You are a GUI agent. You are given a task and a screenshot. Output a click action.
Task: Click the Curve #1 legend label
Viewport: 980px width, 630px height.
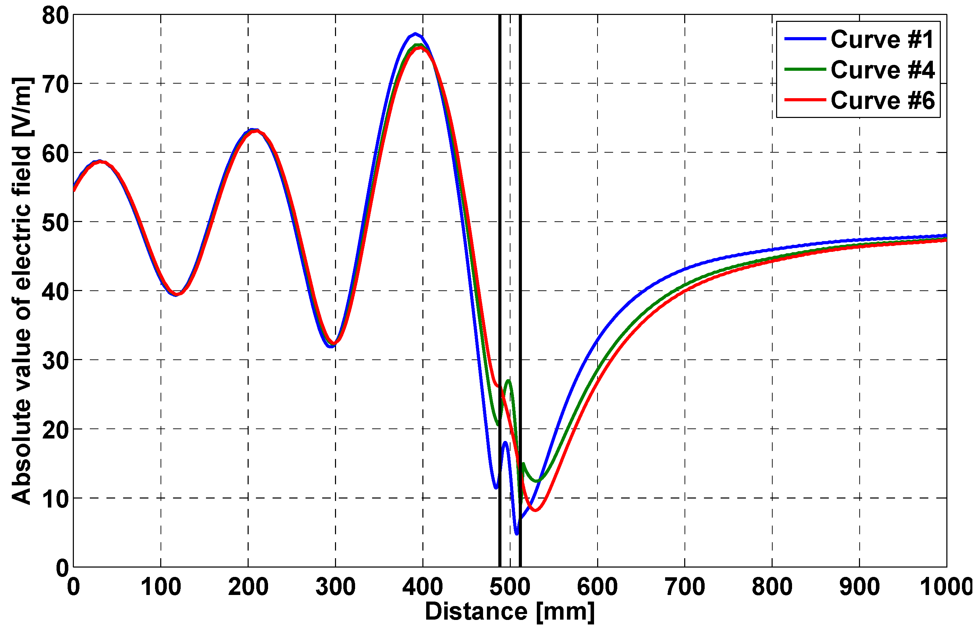[882, 39]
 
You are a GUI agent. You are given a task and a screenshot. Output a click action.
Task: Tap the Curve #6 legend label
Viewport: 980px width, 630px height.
[882, 100]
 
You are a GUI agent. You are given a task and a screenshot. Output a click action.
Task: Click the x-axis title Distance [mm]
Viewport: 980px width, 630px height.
[509, 612]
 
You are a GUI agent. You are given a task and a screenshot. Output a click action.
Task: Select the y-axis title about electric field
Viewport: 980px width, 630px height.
[21, 290]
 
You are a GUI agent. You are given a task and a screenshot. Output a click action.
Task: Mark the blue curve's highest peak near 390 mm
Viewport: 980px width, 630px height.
[415, 34]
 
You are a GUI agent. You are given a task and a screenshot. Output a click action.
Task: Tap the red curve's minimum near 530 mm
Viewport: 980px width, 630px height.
[535, 510]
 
